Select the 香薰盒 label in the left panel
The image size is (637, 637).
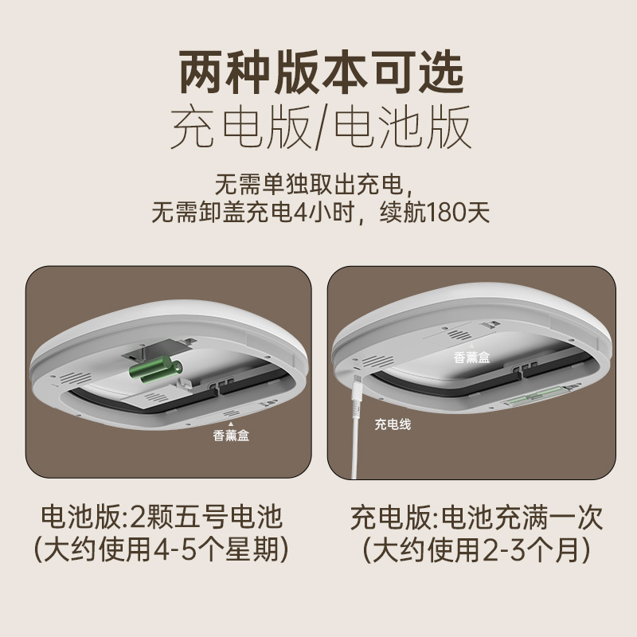(x=232, y=435)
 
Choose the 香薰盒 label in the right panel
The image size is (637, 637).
(x=473, y=358)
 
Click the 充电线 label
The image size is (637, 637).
(x=393, y=424)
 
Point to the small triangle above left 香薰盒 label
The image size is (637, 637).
(x=231, y=422)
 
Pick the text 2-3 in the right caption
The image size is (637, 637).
(x=502, y=550)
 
